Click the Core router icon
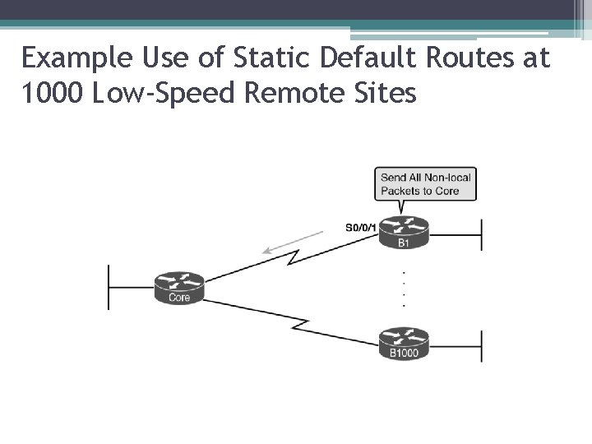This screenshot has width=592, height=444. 178,285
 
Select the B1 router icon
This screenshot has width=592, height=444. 404,231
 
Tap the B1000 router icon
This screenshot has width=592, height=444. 404,341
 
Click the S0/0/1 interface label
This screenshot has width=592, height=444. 360,228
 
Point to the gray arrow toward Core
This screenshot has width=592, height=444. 292,244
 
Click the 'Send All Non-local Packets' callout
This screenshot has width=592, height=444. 426,184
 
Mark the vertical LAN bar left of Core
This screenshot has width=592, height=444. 109,286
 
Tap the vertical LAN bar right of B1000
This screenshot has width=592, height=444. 481,345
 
